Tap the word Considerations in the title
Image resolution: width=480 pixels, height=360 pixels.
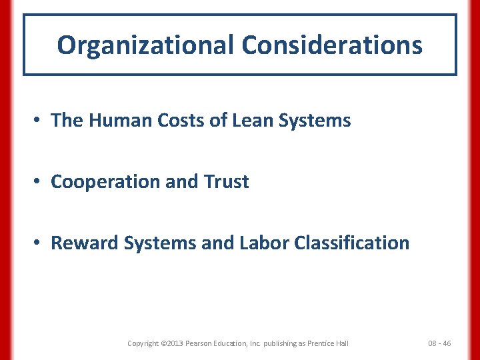pos(332,45)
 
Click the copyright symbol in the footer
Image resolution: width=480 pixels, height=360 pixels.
pos(163,343)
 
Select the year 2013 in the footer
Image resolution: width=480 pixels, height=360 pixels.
pos(175,343)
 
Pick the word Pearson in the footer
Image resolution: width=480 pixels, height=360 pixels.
pos(201,343)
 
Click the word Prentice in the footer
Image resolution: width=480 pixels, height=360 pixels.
pos(321,343)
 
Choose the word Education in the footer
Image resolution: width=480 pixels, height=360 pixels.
pos(235,343)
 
